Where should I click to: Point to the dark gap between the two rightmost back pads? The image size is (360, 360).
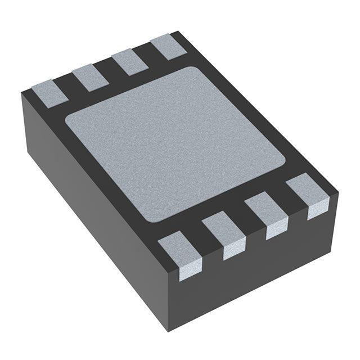pos(149,53)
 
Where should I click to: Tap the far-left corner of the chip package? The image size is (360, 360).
pos(21,93)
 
